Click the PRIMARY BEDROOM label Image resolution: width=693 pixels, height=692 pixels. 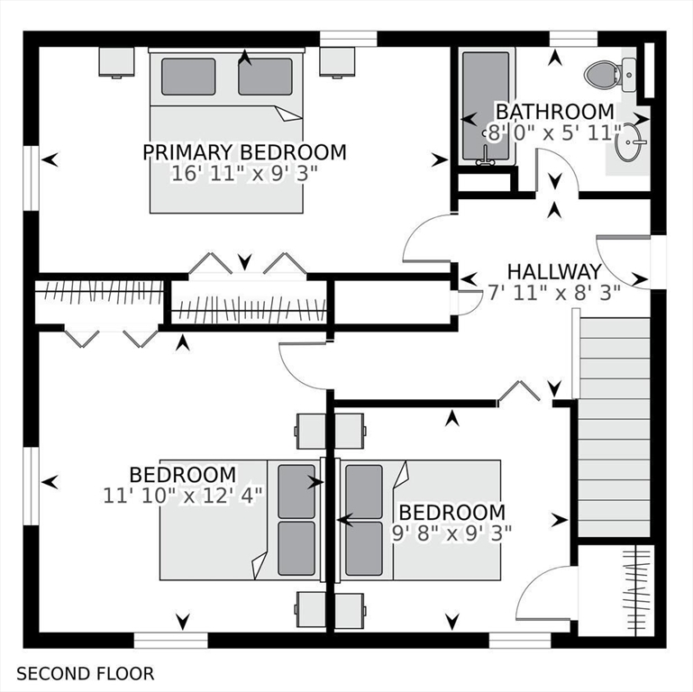tap(244, 152)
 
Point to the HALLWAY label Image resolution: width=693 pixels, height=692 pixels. tap(553, 271)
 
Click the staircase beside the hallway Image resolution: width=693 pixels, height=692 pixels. tap(614, 423)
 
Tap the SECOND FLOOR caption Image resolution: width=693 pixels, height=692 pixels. tap(86, 673)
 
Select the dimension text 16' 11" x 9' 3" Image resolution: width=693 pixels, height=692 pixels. tap(244, 174)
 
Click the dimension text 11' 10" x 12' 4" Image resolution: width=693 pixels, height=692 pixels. tap(183, 496)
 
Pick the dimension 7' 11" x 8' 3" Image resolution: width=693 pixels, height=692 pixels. tap(553, 292)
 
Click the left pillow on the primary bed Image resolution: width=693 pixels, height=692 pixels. tap(187, 77)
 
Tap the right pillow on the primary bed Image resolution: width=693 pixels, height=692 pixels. tap(266, 77)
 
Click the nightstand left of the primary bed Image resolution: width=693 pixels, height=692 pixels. tap(116, 61)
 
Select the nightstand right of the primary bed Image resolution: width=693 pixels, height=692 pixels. tap(337, 61)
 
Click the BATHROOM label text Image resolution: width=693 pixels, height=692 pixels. tap(555, 112)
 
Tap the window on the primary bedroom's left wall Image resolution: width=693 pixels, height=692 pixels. tap(32, 175)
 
